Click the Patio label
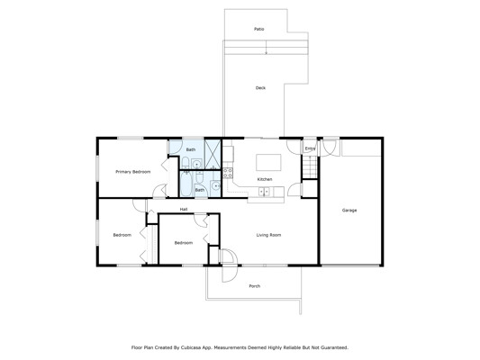pos(259,29)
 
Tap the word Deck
pos(260,88)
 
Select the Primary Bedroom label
pos(133,172)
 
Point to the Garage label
pos(349,210)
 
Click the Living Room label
pos(268,235)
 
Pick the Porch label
pos(254,286)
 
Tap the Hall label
pos(184,209)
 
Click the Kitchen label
pos(265,179)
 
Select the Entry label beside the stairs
pos(310,148)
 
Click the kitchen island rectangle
pos(268,162)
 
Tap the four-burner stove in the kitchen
pos(228,173)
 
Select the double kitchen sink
pos(264,192)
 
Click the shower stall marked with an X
pos(213,154)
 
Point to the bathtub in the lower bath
pos(186,184)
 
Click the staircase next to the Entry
pos(310,166)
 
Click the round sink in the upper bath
pos(196,164)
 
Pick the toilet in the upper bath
pos(186,163)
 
